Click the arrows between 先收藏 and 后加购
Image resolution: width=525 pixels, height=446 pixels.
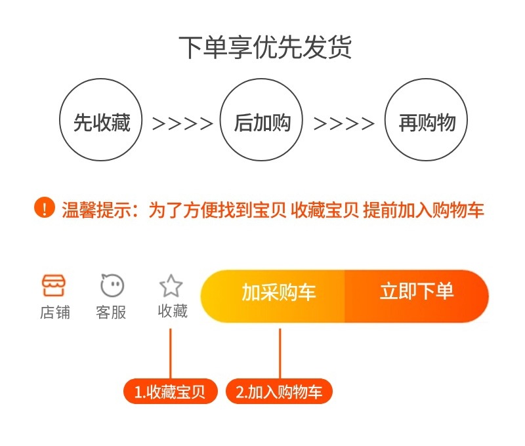[x=182, y=123]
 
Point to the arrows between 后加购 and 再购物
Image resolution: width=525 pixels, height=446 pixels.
[x=344, y=123]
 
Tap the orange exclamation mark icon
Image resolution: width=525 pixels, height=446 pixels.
[x=44, y=209]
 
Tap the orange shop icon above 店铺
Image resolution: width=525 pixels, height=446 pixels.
[x=54, y=285]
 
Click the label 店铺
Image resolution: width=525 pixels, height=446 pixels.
[x=54, y=312]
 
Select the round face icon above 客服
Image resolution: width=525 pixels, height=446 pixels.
[x=112, y=285]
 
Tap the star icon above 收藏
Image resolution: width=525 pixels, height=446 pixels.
[x=171, y=285]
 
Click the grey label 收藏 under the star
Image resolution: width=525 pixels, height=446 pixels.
[x=172, y=311]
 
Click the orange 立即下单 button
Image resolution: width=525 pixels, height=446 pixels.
[x=417, y=293]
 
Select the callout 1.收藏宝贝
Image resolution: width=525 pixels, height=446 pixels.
[x=170, y=392]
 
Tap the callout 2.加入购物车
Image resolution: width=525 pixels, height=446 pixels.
[x=280, y=392]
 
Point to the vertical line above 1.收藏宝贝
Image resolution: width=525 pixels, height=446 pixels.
[x=171, y=353]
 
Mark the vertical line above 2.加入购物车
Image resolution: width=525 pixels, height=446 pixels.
[x=280, y=353]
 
